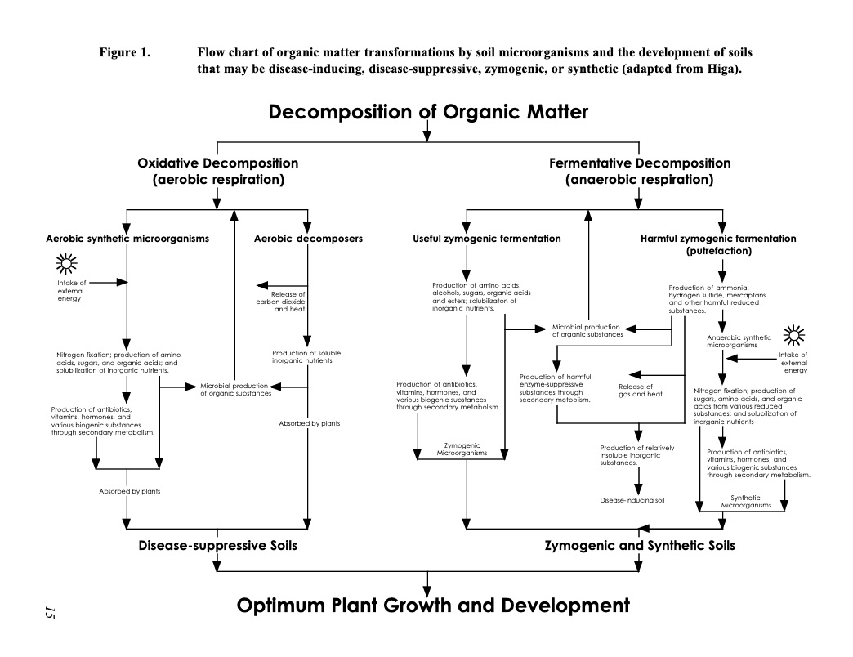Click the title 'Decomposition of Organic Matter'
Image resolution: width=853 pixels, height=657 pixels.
point(428,112)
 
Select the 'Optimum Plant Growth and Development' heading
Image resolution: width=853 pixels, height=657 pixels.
point(433,606)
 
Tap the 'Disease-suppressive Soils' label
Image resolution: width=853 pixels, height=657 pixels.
point(217,546)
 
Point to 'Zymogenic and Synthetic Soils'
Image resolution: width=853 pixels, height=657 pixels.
point(640,546)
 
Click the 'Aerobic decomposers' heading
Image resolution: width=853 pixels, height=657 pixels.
point(308,239)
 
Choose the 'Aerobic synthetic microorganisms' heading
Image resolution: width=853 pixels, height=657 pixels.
point(127,239)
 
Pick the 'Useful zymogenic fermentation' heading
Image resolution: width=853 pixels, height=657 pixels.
point(487,239)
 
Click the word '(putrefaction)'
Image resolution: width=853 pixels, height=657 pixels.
point(719,251)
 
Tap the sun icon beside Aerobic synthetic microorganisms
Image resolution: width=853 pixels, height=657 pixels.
point(66,264)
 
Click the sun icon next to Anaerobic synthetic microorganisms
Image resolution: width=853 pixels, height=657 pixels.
point(793,336)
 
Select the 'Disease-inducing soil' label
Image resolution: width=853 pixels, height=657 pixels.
point(632,500)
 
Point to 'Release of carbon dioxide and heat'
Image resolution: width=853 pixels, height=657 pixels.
point(281,302)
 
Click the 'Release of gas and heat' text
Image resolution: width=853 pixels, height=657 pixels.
point(641,391)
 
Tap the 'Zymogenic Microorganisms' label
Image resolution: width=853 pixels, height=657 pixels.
point(462,449)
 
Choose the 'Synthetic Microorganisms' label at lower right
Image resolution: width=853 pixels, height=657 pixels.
point(746,502)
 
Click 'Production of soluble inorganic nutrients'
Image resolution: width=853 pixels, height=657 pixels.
point(306,357)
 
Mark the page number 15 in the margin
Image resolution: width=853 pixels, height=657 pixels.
point(50,612)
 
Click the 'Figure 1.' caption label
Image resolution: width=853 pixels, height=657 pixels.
point(124,53)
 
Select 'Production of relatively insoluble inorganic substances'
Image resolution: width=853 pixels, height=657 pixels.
point(637,455)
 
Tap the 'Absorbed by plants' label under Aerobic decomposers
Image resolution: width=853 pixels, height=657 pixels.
point(310,423)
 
